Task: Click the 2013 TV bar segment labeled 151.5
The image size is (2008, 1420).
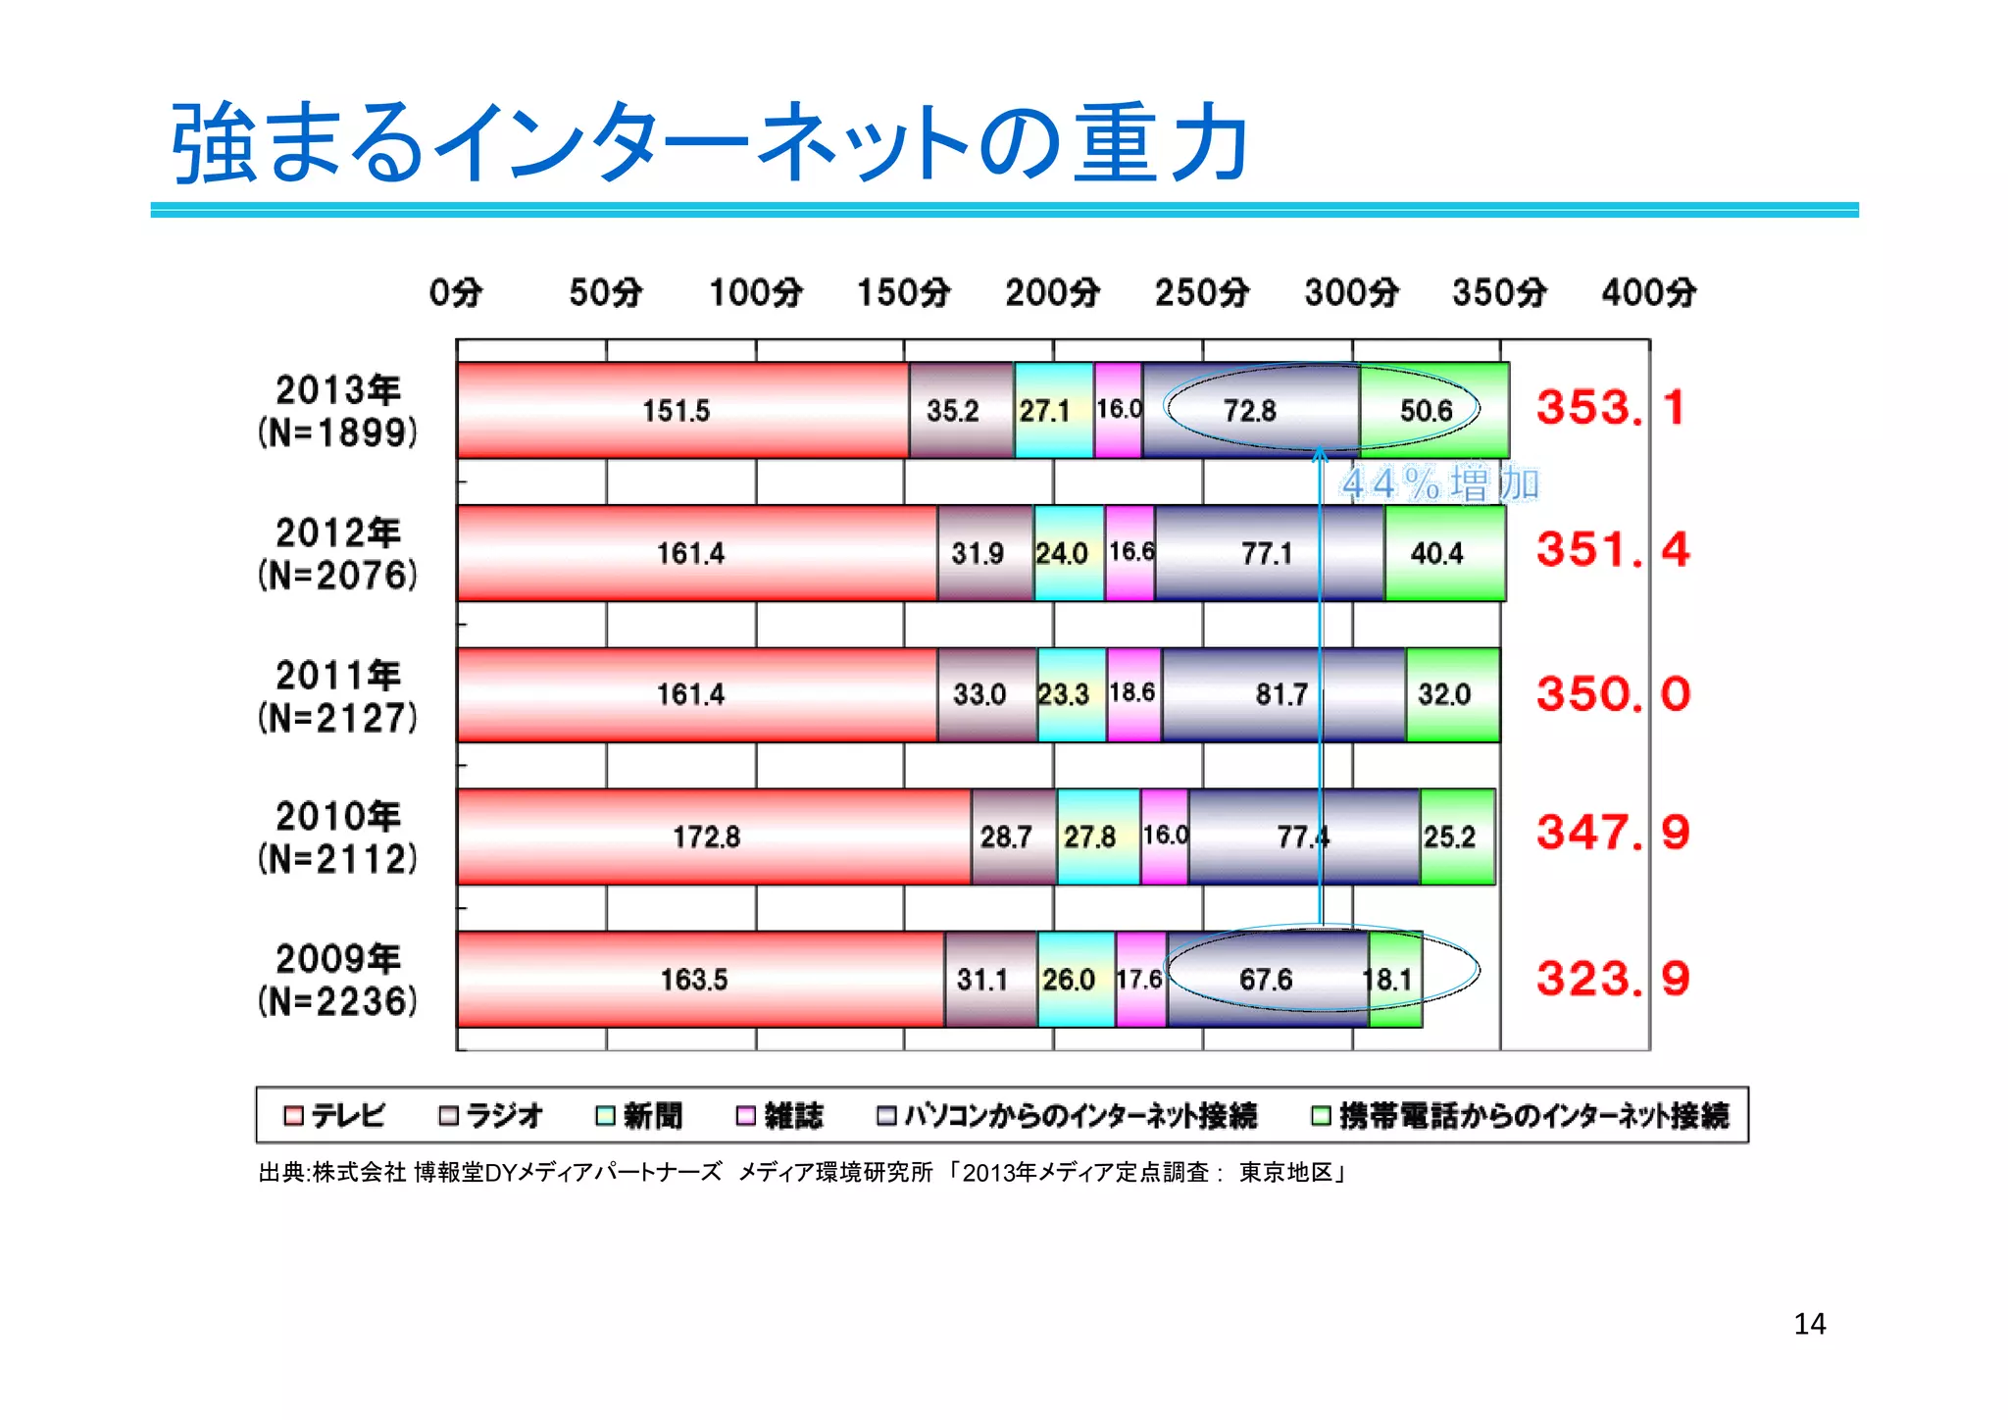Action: [x=677, y=410]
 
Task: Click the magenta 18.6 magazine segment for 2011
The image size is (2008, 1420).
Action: [x=1133, y=693]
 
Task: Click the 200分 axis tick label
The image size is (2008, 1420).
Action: [x=1053, y=292]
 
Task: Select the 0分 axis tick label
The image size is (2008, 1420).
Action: [x=456, y=292]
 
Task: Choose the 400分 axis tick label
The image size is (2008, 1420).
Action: [x=1649, y=292]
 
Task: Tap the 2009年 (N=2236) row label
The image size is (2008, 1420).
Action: [x=337, y=980]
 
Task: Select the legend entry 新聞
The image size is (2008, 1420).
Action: [x=639, y=1115]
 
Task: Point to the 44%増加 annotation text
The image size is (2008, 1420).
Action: [x=1439, y=483]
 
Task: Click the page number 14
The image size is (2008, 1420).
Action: [x=1809, y=1324]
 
